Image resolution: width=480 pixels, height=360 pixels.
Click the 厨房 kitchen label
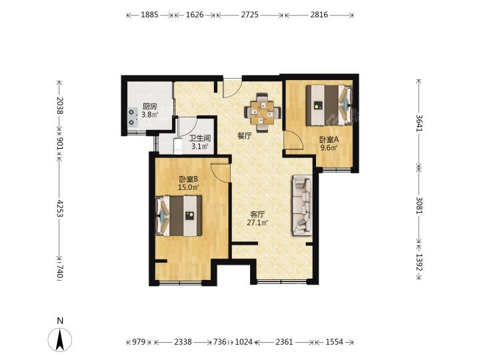click(150, 107)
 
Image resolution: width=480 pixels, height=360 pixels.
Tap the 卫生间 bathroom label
click(200, 139)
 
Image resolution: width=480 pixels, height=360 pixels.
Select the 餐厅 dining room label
click(245, 136)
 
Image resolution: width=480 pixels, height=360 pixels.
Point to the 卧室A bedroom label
click(329, 140)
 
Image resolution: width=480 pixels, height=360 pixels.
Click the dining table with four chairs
click(263, 113)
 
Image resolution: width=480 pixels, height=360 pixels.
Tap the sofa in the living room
click(303, 205)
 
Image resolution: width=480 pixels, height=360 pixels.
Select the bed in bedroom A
click(329, 105)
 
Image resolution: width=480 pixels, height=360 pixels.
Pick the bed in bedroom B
click(179, 216)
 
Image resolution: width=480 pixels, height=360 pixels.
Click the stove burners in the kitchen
click(132, 117)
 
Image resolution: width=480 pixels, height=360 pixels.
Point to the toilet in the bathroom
click(177, 146)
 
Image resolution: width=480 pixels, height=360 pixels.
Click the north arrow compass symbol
click(60, 339)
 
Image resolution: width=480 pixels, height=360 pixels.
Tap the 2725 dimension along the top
click(249, 15)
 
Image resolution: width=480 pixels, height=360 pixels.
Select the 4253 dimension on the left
click(60, 209)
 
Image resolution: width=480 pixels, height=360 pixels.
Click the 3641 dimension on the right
click(419, 123)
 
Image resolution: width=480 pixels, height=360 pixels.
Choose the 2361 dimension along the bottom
click(285, 341)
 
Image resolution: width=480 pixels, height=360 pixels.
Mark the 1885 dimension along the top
click(149, 15)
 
